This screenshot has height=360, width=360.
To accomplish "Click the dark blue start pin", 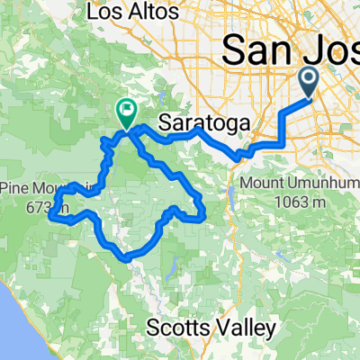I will (x=308, y=83).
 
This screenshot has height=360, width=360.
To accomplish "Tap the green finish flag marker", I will (x=126, y=112).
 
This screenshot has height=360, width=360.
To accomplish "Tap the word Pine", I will (x=17, y=190).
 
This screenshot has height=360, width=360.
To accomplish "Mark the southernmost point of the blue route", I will (x=128, y=257).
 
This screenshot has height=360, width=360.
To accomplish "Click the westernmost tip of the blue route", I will (x=50, y=214).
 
